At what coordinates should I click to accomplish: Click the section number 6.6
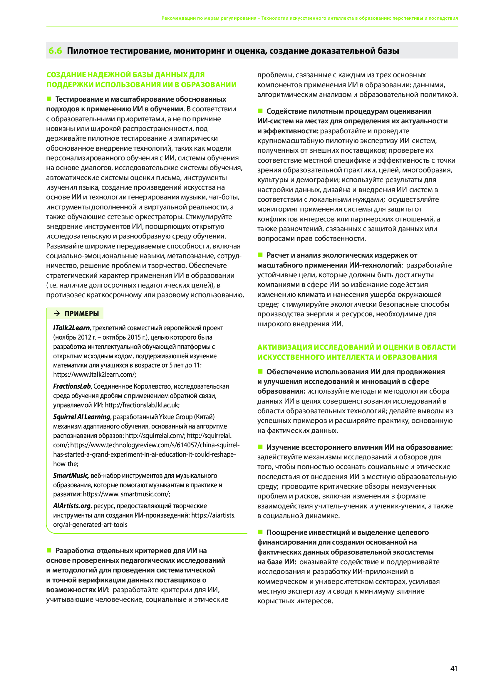(55, 51)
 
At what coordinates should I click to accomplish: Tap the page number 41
(454, 668)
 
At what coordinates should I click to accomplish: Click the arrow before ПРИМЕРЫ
(56, 313)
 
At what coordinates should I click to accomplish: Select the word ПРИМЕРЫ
(82, 314)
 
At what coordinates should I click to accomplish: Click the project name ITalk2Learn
(71, 328)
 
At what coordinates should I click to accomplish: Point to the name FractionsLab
(72, 386)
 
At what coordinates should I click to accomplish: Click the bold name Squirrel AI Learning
(82, 417)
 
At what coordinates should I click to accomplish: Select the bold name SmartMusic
(71, 476)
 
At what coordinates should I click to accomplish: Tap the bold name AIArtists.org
(72, 506)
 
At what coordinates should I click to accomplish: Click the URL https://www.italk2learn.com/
(94, 374)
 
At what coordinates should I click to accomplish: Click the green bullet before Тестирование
(49, 99)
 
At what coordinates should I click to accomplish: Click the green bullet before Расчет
(260, 255)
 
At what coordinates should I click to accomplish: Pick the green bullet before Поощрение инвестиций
(260, 532)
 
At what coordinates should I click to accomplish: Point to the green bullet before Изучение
(260, 447)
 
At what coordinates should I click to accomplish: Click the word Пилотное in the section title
(87, 51)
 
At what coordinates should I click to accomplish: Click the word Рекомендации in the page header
(178, 18)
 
